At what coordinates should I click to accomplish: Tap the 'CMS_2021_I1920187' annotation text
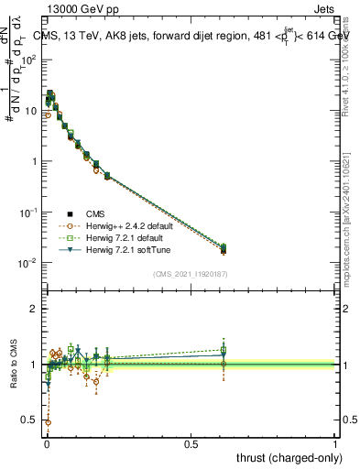(191, 273)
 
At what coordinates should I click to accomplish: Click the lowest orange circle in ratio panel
(48, 422)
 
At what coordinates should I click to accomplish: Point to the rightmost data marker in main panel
(224, 249)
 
